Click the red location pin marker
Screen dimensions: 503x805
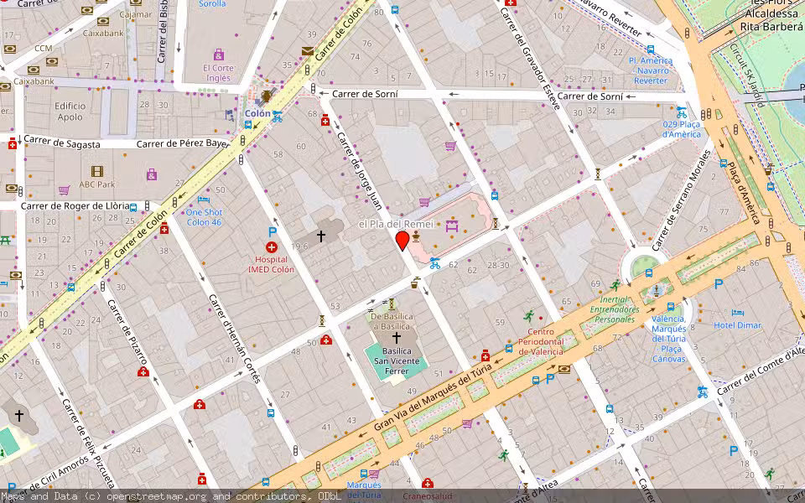402,241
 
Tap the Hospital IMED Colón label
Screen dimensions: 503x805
271,265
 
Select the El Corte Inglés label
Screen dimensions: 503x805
218,73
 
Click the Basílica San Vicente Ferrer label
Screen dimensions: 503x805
397,361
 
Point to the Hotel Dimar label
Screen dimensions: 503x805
738,325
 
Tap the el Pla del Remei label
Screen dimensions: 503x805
396,225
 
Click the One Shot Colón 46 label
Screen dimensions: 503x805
204,217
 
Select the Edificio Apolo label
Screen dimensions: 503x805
70,111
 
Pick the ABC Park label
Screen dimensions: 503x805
96,184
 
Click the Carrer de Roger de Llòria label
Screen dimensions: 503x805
75,205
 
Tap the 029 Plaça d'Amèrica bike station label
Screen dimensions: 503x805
681,129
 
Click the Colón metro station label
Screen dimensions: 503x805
257,113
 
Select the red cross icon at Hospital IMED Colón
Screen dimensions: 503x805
271,247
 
